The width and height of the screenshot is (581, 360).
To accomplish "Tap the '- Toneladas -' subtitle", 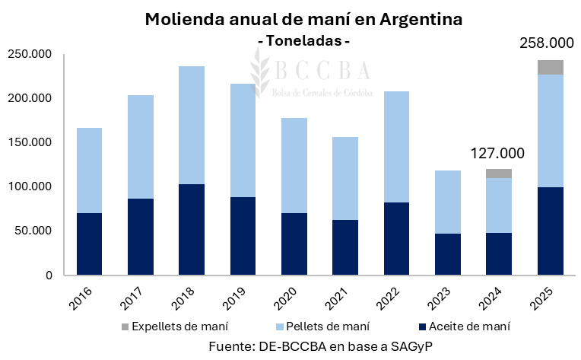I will tap(304, 40).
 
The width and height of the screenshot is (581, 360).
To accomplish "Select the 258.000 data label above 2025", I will tap(546, 43).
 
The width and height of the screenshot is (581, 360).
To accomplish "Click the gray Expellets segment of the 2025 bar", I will tap(550, 67).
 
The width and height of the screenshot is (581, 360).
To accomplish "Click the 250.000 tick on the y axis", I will tap(28, 55).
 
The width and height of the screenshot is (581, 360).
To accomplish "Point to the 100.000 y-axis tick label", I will tap(28, 186).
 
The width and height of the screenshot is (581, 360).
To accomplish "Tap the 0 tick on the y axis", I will tap(47, 275).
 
